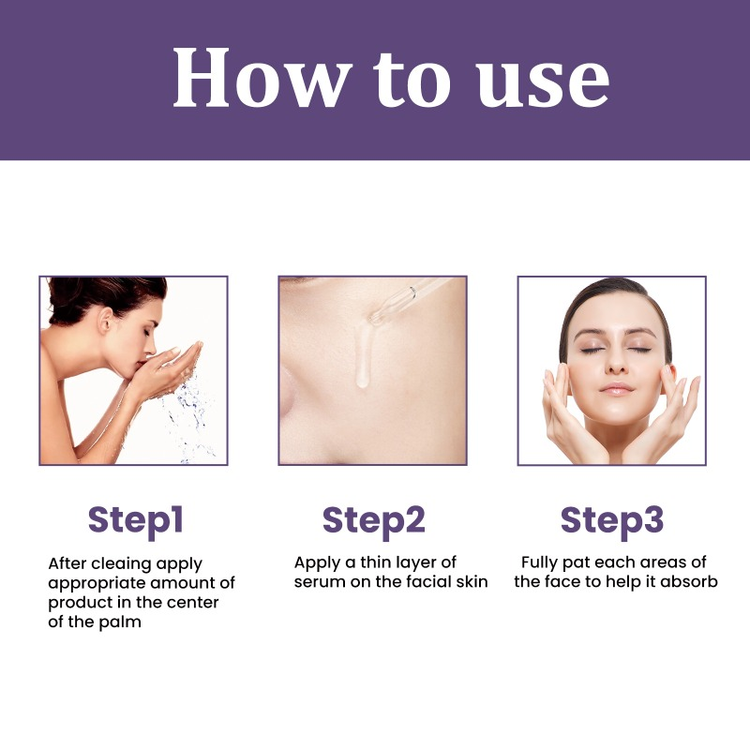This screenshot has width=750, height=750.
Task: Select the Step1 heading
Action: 135,519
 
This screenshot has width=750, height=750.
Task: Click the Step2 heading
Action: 373,519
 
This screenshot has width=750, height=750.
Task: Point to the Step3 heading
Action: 611,519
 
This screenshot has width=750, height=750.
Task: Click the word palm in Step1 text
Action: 120,622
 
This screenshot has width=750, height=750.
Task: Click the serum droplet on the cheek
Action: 360,375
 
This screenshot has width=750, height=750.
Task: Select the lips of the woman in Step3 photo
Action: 616,388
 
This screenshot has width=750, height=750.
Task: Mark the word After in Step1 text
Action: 67,563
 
